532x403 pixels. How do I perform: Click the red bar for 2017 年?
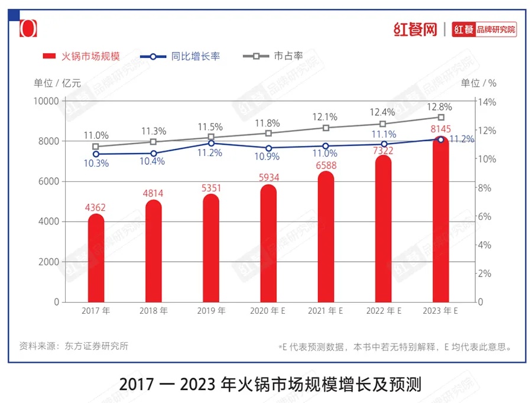pyautogui.click(x=96, y=260)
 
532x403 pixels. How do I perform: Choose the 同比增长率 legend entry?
pyautogui.click(x=180, y=56)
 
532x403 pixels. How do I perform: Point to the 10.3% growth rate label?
pyautogui.click(x=96, y=164)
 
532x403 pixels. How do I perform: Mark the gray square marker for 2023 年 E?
pyautogui.click(x=441, y=117)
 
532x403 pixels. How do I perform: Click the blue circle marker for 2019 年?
pyautogui.click(x=211, y=143)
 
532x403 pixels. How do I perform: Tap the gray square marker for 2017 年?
pyautogui.click(x=96, y=146)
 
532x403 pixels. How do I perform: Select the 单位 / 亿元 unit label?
pyautogui.click(x=57, y=83)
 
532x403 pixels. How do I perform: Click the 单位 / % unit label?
pyautogui.click(x=479, y=83)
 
